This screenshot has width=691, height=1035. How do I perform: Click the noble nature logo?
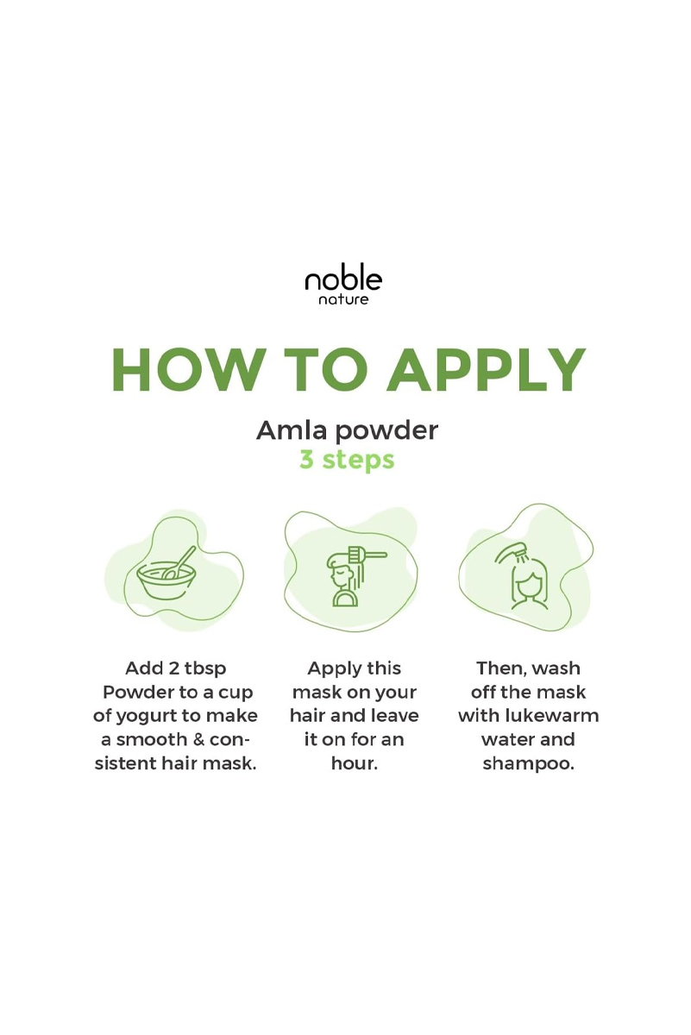coord(343,284)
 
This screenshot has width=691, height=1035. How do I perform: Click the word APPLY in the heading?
coord(487,370)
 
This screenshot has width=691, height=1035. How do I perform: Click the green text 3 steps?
coord(347,460)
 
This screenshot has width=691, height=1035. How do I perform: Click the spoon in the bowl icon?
coord(179,561)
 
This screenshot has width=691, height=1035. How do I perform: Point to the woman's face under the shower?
coord(528,586)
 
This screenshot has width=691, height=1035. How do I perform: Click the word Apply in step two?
coord(329,669)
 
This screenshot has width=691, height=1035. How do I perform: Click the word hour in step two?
coord(352,763)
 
